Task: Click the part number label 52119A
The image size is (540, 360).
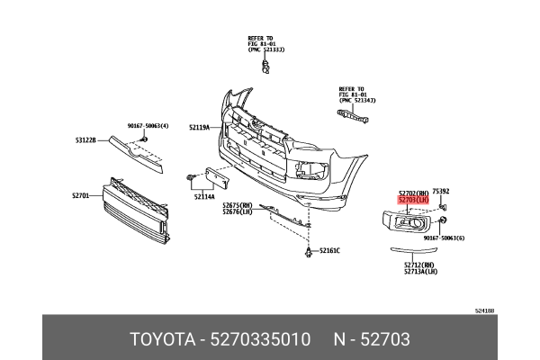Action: pos(198,128)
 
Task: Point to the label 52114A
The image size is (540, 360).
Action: pos(203,196)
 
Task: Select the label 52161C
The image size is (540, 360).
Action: pos(328,249)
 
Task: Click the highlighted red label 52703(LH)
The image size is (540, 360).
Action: pos(414,199)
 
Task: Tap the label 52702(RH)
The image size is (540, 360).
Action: pos(414,192)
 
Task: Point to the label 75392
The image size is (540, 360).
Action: pos(441,191)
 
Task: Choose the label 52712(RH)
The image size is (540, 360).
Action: pos(419,265)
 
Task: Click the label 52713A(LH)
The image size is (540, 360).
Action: pos(420,271)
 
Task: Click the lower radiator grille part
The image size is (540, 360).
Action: pos(135,211)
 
